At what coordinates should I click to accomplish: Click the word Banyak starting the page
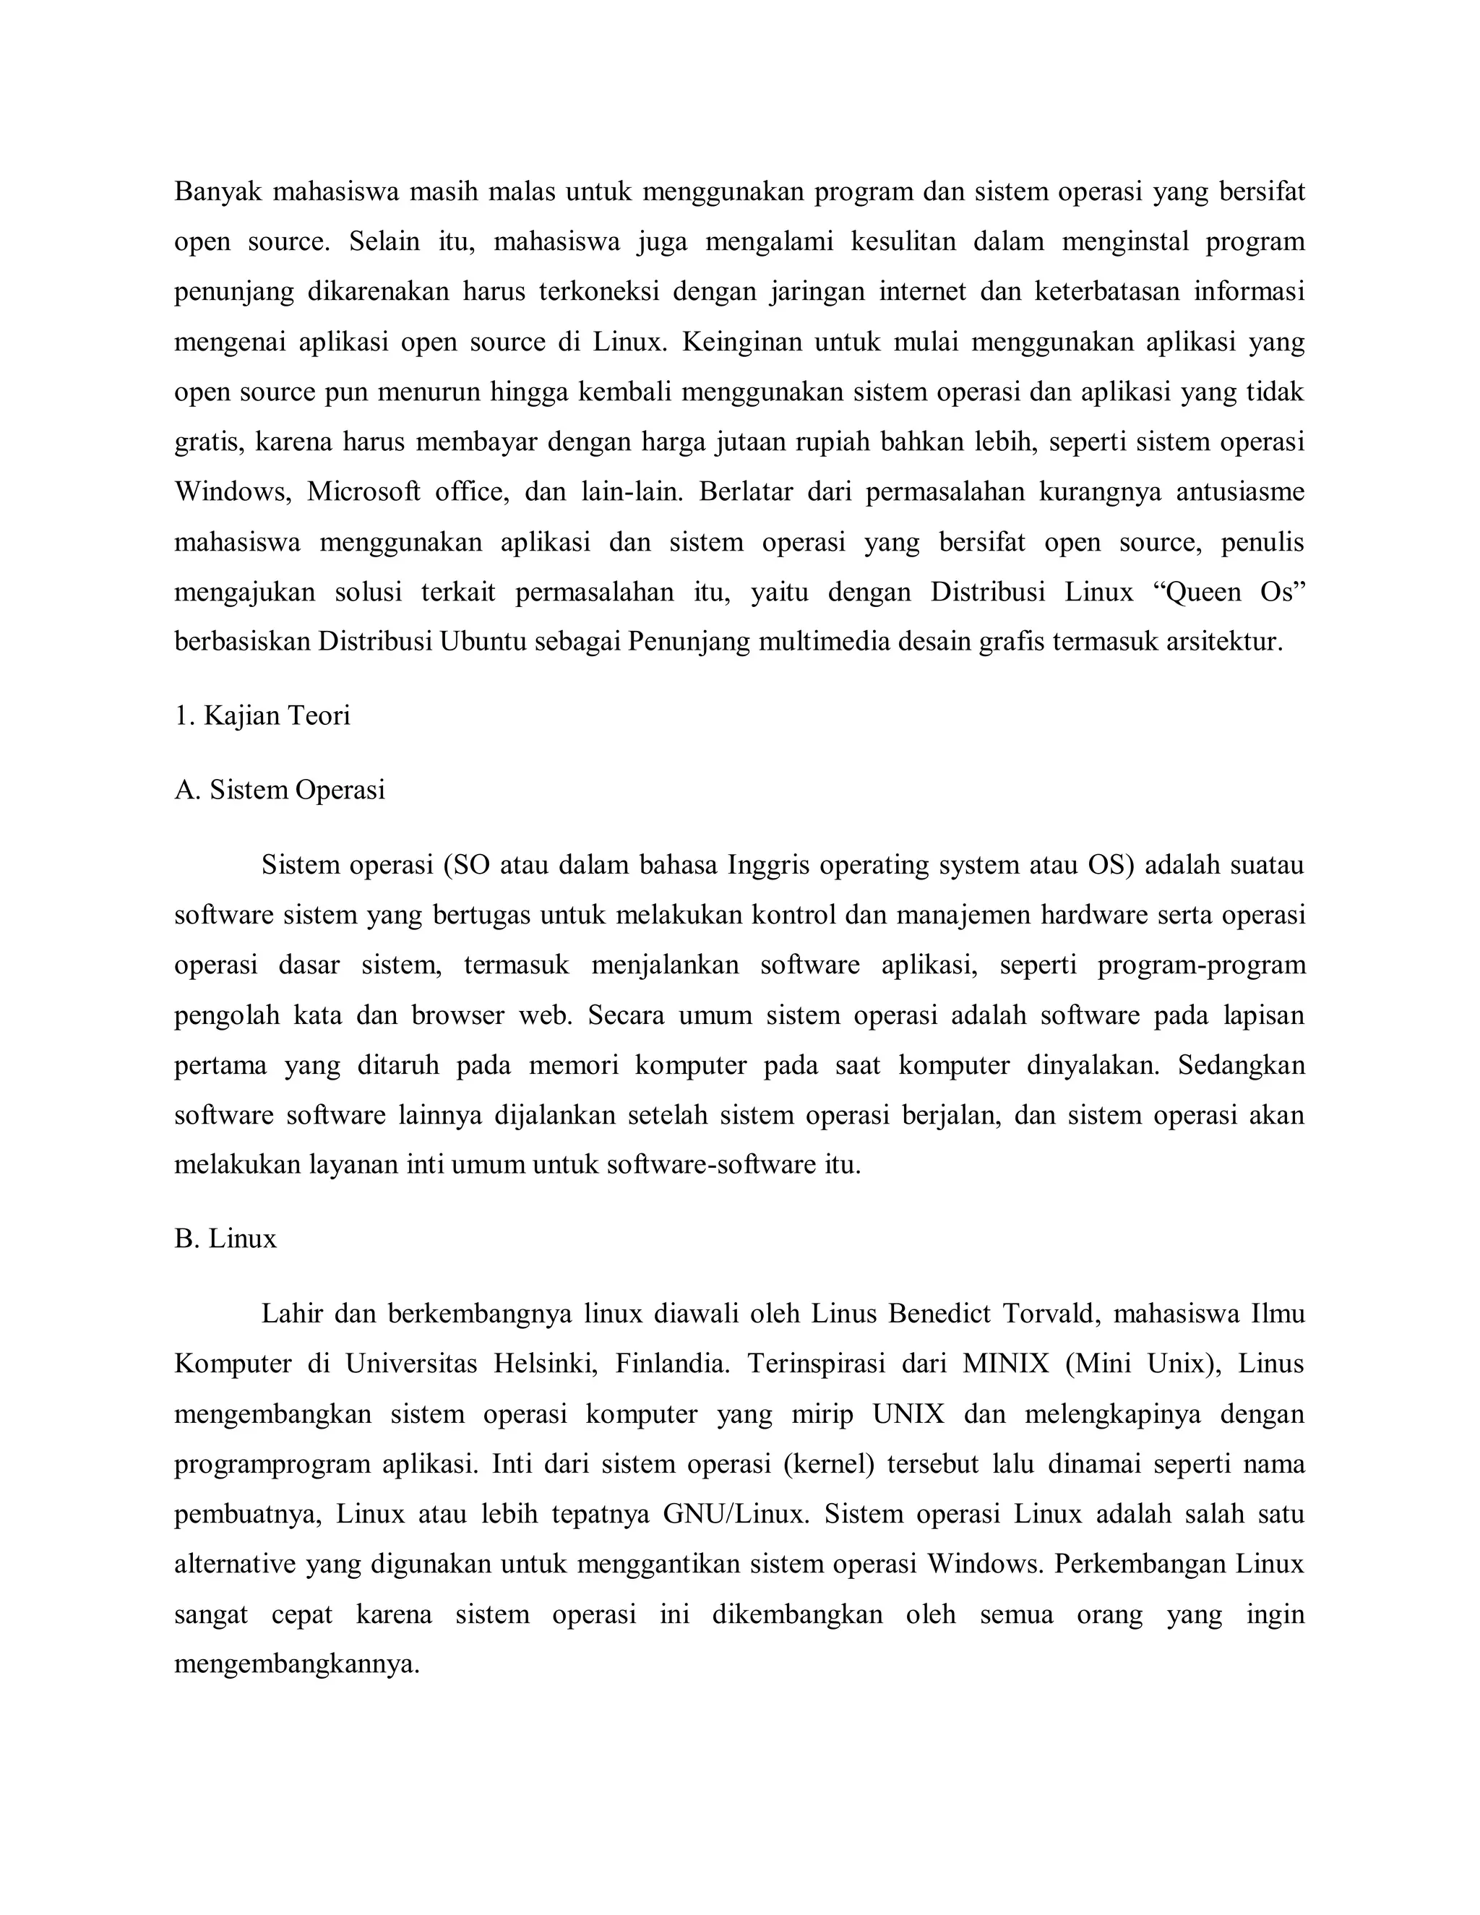pyautogui.click(x=218, y=191)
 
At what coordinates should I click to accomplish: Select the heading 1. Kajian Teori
pyautogui.click(x=262, y=715)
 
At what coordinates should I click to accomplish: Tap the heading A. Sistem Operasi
pyautogui.click(x=280, y=790)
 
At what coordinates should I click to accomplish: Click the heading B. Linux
pyautogui.click(x=225, y=1239)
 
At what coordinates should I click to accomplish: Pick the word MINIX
pyautogui.click(x=1006, y=1364)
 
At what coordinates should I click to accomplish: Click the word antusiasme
pyautogui.click(x=1240, y=492)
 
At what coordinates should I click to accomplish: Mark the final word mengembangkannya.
pyautogui.click(x=296, y=1664)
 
